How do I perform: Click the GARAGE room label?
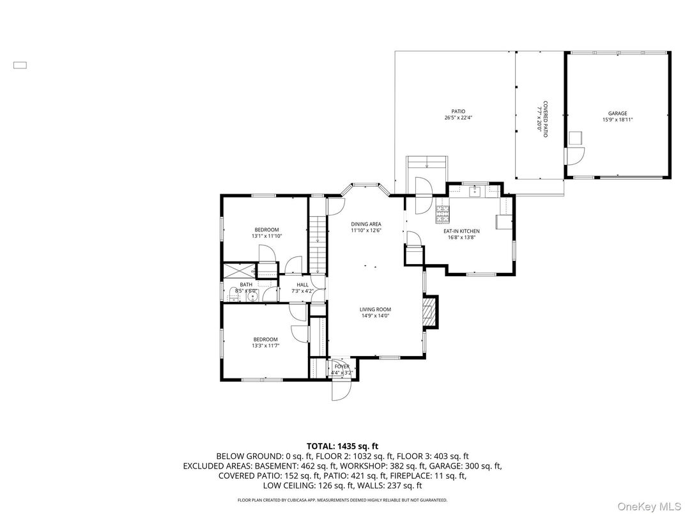[x=617, y=113]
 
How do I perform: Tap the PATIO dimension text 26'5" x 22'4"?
[x=458, y=118]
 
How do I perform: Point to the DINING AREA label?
[x=366, y=224]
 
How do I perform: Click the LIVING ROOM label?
[x=375, y=309]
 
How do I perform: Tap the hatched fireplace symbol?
[x=430, y=311]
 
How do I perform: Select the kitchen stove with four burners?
[x=443, y=213]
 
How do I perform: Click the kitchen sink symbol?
[x=475, y=191]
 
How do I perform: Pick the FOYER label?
[x=342, y=367]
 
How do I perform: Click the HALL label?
[x=302, y=285]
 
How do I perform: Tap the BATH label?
[x=246, y=284]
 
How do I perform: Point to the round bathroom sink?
[x=252, y=297]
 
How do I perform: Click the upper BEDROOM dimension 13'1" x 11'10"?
[x=266, y=236]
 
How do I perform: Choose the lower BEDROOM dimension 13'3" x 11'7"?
[x=265, y=345]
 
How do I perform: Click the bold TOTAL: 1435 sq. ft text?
[x=342, y=446]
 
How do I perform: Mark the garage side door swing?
[x=575, y=155]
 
